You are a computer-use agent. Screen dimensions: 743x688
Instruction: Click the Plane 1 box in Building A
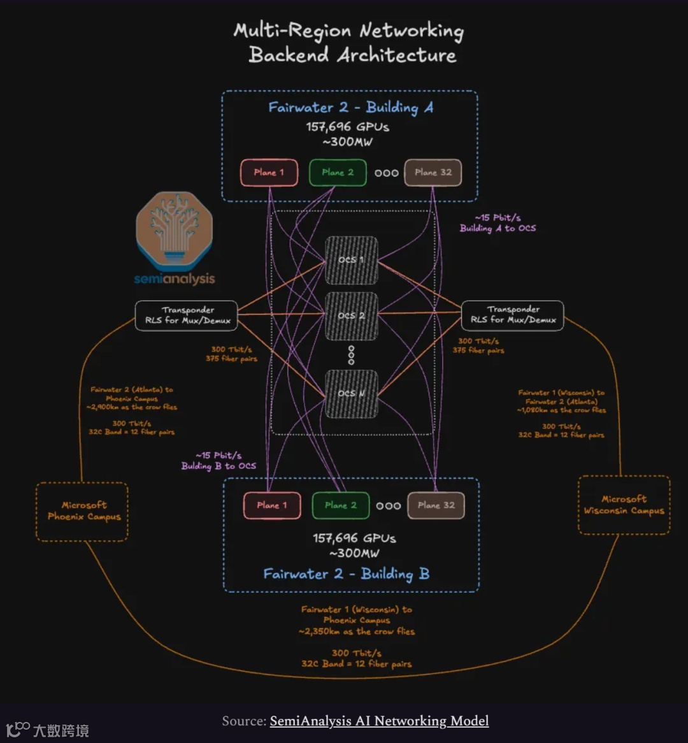click(x=269, y=172)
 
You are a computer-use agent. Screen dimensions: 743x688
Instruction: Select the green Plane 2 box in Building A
click(x=338, y=172)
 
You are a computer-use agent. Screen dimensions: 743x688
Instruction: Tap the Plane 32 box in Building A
click(x=433, y=172)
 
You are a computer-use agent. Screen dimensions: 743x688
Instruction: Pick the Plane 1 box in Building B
click(x=272, y=505)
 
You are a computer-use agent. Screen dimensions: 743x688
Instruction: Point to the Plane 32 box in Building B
click(x=436, y=505)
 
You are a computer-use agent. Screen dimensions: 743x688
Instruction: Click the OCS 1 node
click(x=351, y=260)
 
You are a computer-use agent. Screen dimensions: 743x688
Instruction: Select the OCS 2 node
click(x=351, y=315)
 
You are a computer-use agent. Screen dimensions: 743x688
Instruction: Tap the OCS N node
click(x=351, y=393)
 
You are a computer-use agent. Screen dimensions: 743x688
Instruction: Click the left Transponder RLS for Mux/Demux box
click(x=186, y=315)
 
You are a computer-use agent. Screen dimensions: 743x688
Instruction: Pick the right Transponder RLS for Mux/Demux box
click(x=512, y=315)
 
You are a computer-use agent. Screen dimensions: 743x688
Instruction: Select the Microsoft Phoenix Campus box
click(x=82, y=512)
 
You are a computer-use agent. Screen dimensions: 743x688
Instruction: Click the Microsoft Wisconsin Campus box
click(x=624, y=505)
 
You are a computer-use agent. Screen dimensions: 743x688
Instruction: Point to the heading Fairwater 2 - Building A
click(x=350, y=107)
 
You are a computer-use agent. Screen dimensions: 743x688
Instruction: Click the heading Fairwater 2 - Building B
click(x=347, y=574)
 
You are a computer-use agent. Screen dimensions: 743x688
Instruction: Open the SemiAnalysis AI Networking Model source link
click(x=379, y=721)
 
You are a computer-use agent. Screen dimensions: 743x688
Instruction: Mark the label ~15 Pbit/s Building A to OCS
click(x=498, y=223)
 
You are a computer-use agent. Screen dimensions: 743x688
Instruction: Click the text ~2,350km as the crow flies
click(x=356, y=631)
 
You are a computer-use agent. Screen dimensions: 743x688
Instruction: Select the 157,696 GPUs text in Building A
click(x=348, y=126)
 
